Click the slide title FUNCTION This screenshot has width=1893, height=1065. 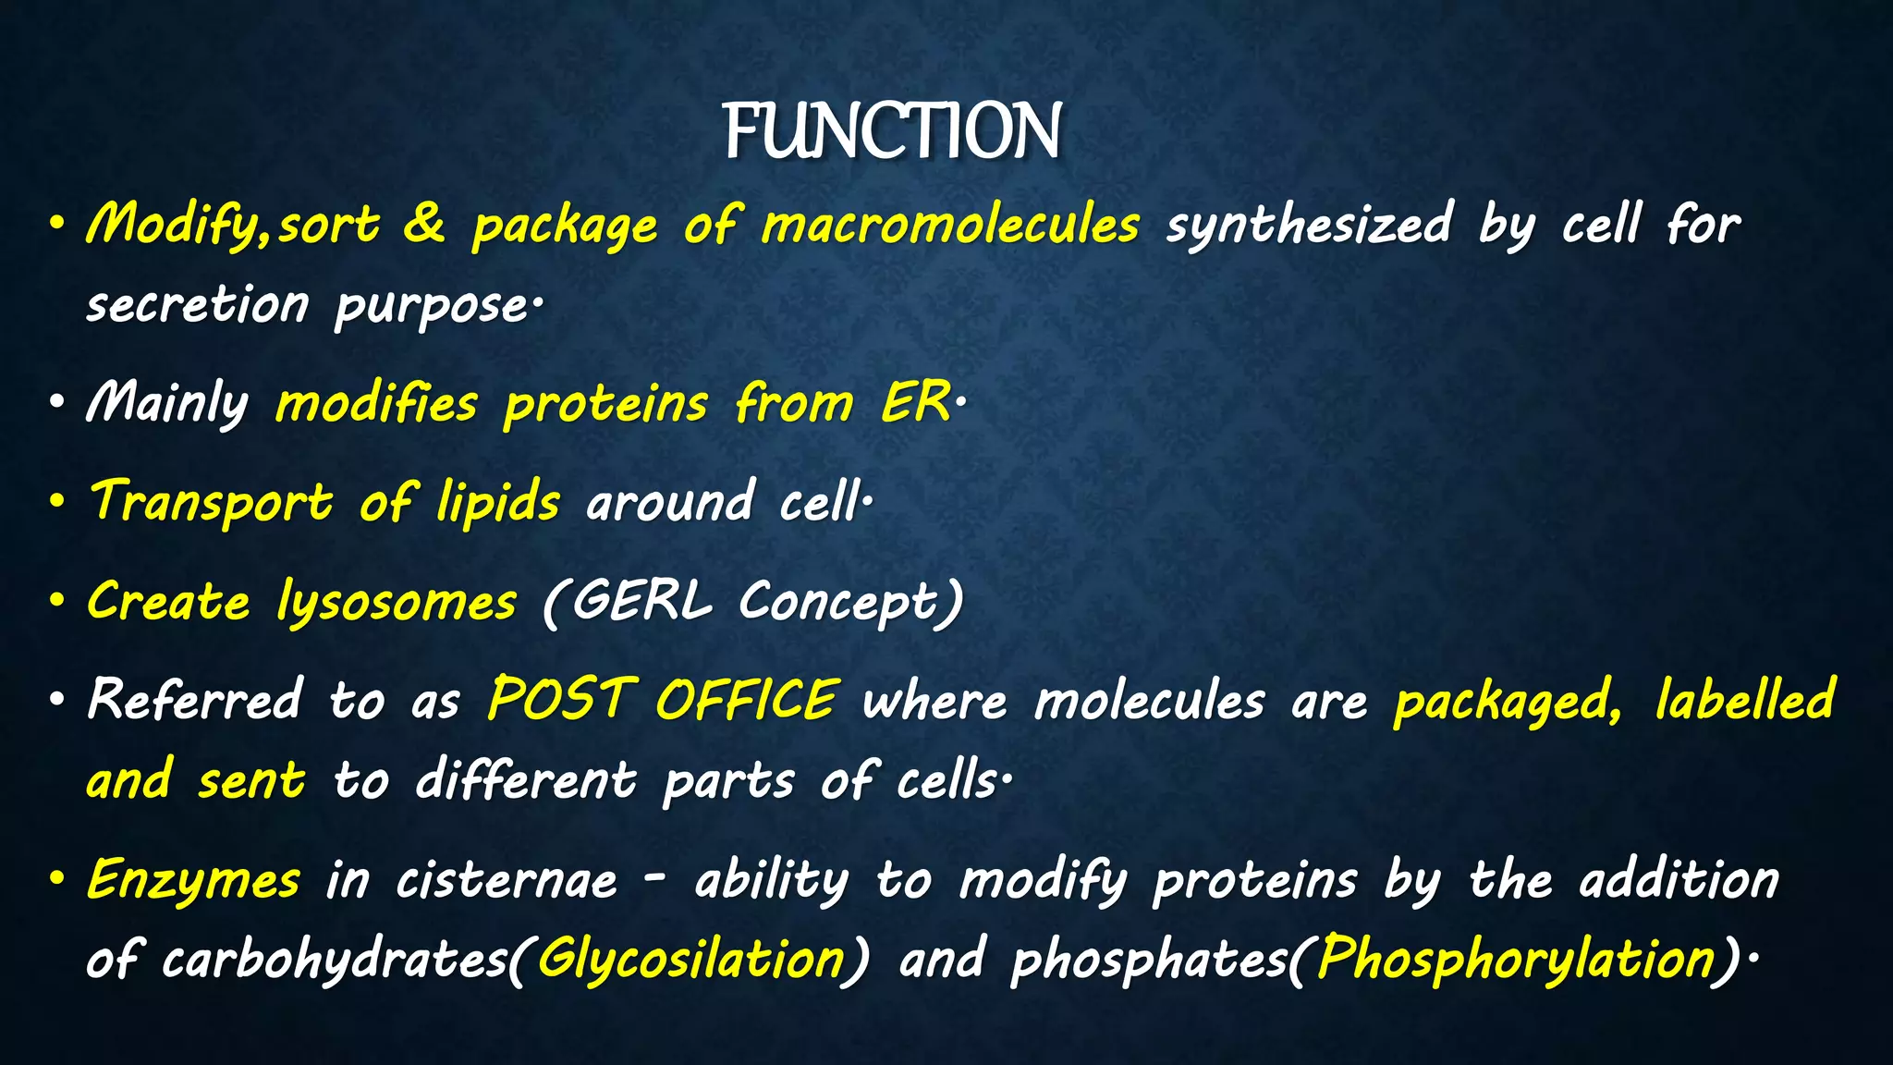click(892, 132)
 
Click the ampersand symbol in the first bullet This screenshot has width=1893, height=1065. click(424, 225)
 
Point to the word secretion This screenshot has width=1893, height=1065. click(198, 305)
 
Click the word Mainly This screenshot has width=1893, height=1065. click(167, 404)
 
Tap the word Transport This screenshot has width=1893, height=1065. click(211, 502)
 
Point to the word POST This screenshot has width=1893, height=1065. click(560, 699)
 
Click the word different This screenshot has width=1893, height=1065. click(526, 779)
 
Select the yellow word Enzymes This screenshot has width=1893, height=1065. click(193, 880)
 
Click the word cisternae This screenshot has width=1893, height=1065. click(507, 880)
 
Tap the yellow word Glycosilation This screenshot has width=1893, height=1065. click(691, 960)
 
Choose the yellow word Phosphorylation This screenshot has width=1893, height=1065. click(1516, 960)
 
